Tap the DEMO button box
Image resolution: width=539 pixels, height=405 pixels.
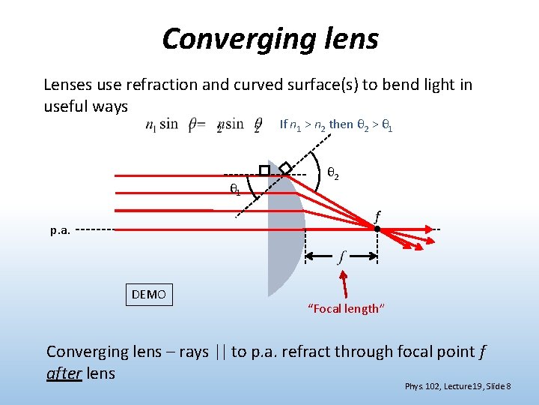pyautogui.click(x=149, y=294)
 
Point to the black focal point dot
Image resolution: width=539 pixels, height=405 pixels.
pyautogui.click(x=377, y=228)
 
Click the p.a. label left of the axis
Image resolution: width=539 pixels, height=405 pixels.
pyautogui.click(x=61, y=231)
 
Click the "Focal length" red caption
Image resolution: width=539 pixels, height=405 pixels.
pyautogui.click(x=345, y=308)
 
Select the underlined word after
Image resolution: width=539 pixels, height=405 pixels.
pyautogui.click(x=64, y=373)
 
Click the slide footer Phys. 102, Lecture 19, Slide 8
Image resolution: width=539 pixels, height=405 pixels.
pyautogui.click(x=457, y=386)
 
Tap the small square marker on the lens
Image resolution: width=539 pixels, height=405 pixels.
pyautogui.click(x=264, y=170)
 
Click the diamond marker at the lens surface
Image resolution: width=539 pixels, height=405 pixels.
pyautogui.click(x=285, y=166)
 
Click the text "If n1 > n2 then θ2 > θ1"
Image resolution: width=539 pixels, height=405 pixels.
pyautogui.click(x=335, y=124)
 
